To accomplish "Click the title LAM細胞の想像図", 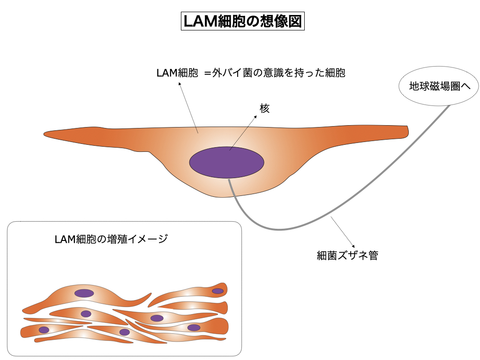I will click(x=242, y=22).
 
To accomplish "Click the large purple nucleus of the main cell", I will click(x=227, y=162).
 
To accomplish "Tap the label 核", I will click(x=265, y=108).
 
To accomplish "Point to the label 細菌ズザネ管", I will click(x=347, y=256).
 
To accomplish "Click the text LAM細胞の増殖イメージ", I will click(x=111, y=239).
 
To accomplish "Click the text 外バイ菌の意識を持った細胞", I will click(x=279, y=73).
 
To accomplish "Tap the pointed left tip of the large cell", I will click(x=46, y=134).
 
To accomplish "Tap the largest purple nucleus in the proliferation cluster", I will click(x=84, y=293).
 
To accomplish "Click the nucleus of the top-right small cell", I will click(x=217, y=291).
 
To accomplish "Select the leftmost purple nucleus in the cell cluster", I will click(x=44, y=330).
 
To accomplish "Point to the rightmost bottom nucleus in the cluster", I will click(x=194, y=328).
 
